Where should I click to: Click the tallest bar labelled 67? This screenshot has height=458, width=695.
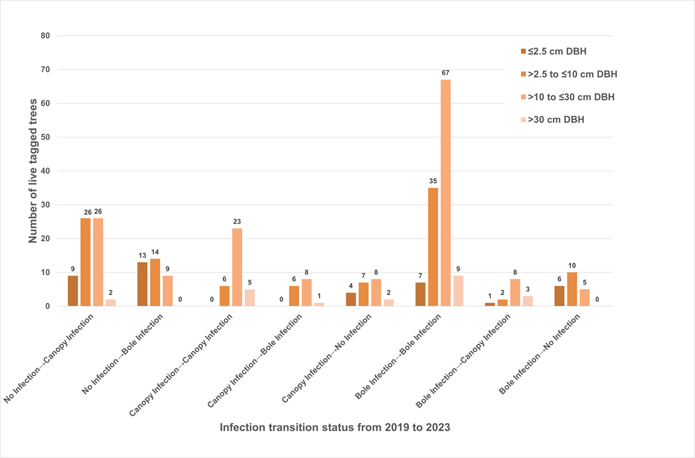coord(445,193)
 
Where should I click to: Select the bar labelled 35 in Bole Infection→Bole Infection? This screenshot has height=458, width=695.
coord(433,247)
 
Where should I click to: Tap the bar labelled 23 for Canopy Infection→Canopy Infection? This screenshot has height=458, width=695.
coord(237,267)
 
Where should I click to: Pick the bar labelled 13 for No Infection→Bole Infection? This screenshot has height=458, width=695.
coord(142,284)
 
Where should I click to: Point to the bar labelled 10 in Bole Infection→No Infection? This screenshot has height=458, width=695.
coord(572,289)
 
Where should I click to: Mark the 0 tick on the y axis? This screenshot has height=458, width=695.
coord(47,306)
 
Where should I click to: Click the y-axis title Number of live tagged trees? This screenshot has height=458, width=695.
coord(33,171)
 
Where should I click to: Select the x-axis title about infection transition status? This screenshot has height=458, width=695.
coord(335,428)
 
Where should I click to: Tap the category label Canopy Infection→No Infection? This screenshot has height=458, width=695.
coord(327,358)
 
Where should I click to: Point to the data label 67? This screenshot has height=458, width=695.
coord(445,72)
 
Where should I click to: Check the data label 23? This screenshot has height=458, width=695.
coord(237,221)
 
